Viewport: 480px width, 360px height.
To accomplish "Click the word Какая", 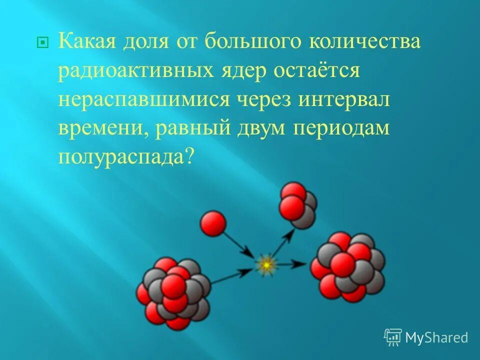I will coord(86,41).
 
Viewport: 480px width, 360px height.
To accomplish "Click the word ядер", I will coord(241,71).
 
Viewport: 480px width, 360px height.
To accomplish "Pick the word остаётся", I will coord(316,70).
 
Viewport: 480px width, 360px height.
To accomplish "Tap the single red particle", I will coord(213,223).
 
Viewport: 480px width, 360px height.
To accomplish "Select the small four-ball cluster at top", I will coord(297,205).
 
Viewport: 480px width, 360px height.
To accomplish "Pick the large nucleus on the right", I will coord(347,267).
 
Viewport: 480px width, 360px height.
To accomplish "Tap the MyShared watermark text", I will coord(436,337).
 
